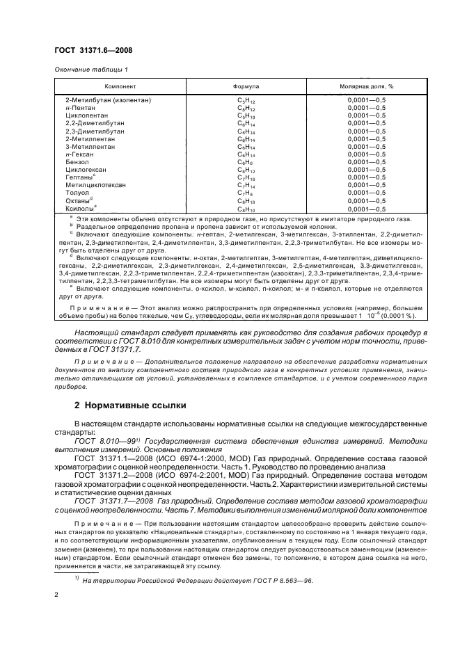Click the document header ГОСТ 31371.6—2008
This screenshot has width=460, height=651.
(x=94, y=49)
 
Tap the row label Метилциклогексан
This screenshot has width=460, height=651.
(x=95, y=185)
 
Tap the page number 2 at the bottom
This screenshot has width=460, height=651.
(x=56, y=595)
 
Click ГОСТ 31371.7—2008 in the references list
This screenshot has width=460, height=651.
(x=116, y=509)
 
